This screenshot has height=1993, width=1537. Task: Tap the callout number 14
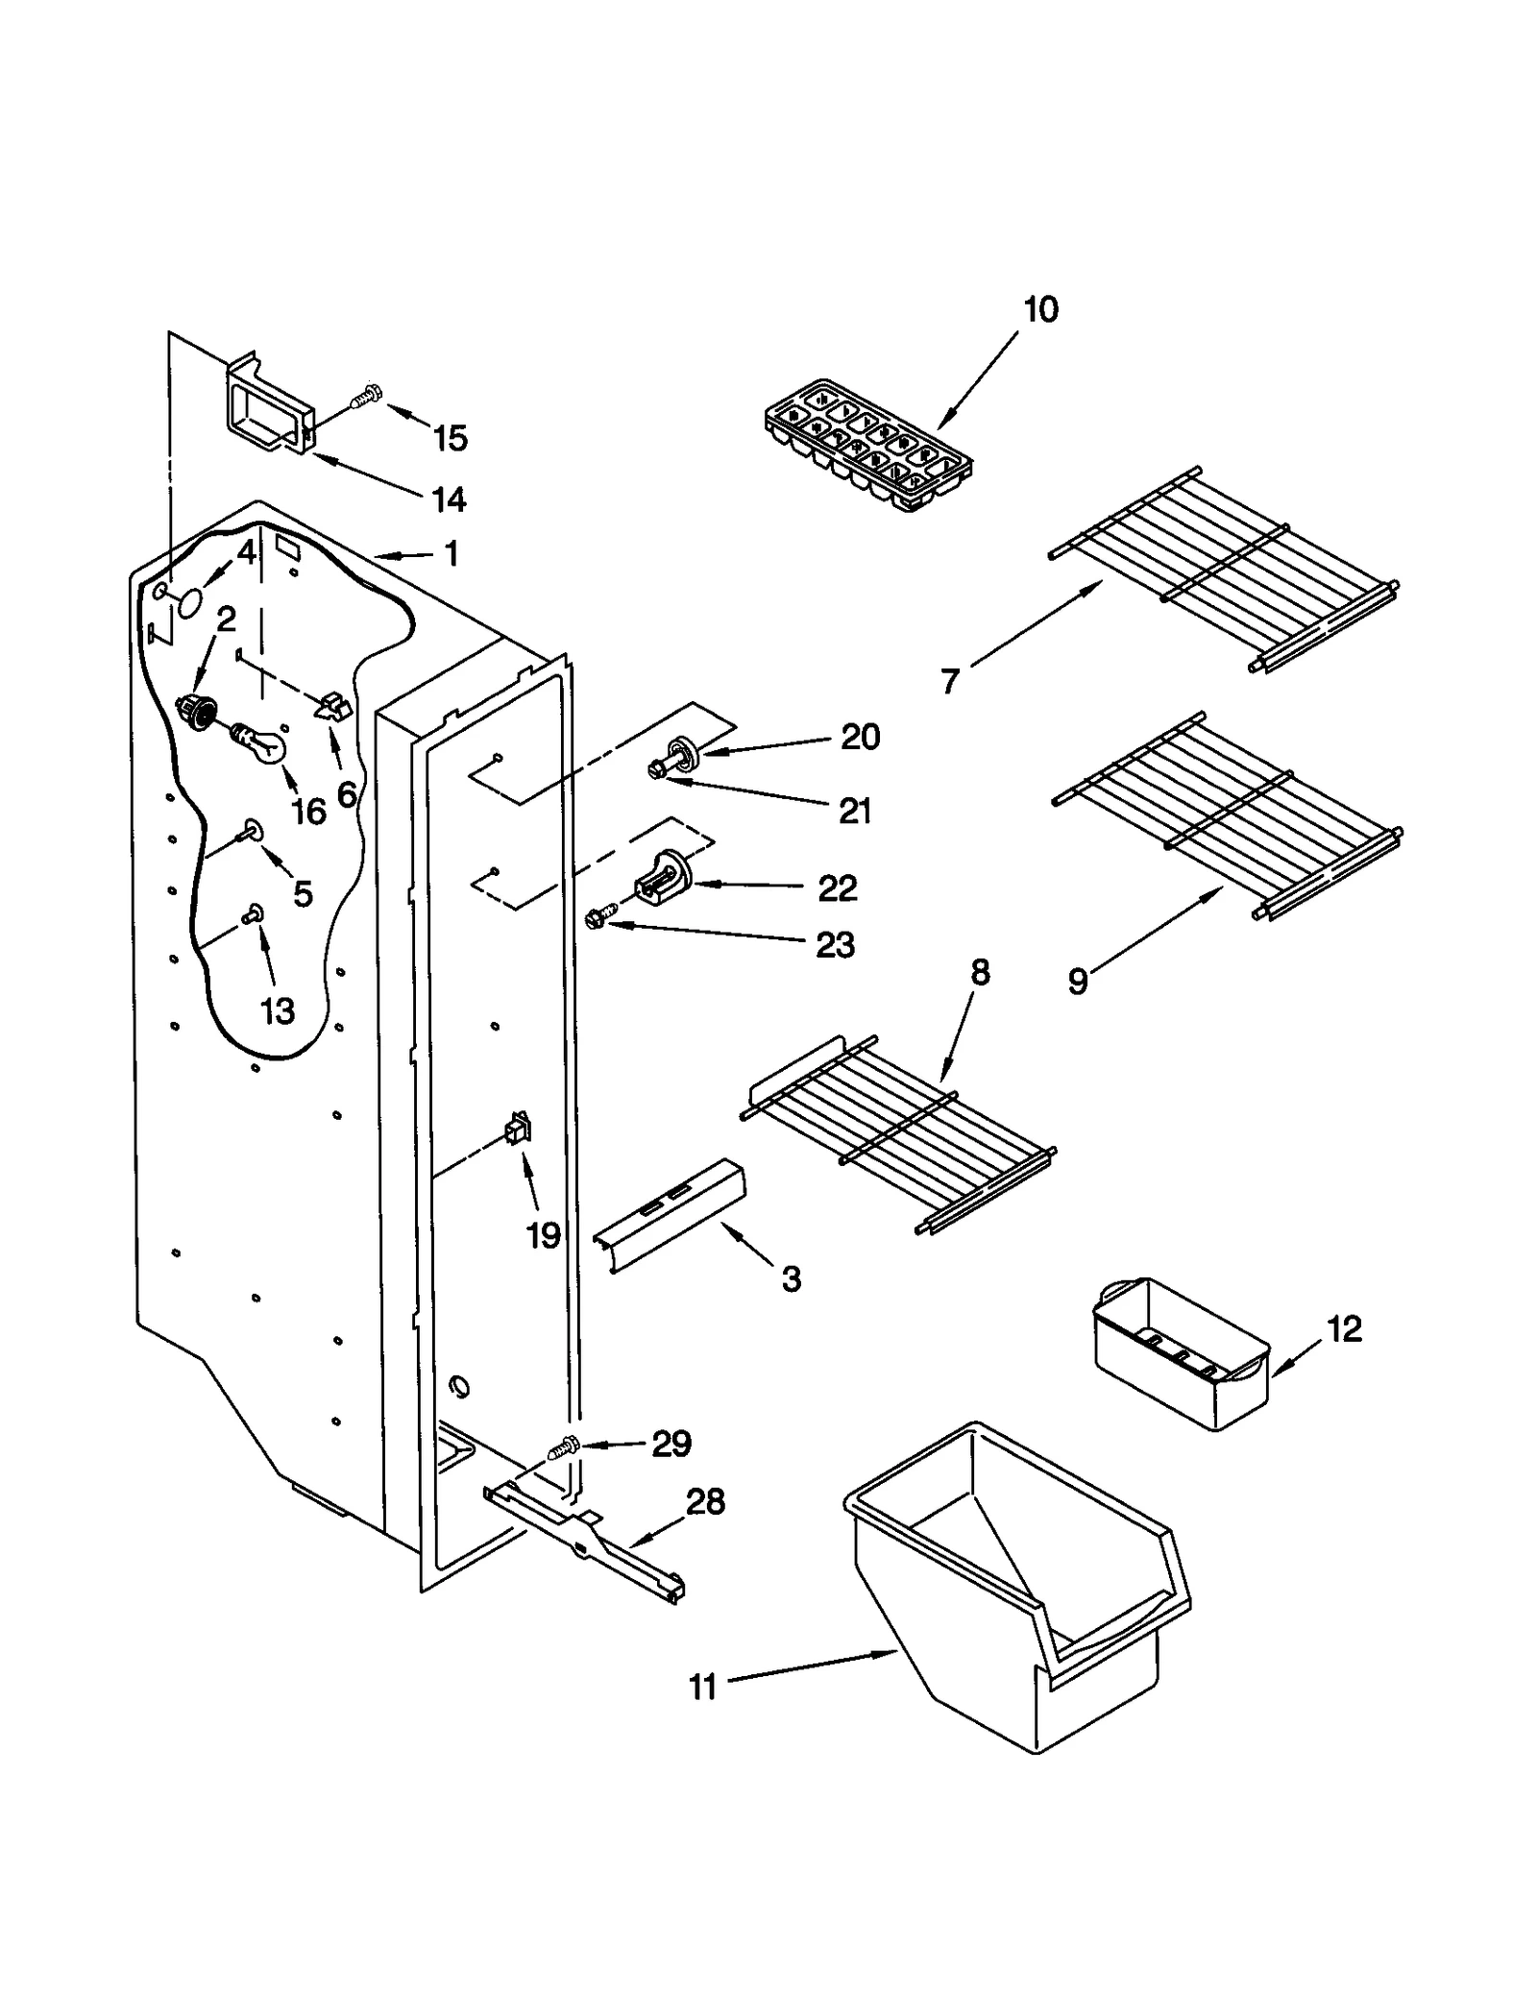[448, 499]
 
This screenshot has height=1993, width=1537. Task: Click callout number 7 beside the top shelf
[949, 681]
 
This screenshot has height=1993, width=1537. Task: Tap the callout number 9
[1078, 982]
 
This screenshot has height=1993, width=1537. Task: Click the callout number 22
[837, 888]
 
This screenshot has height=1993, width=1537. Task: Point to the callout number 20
[860, 738]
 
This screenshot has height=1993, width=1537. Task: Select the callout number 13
[278, 1010]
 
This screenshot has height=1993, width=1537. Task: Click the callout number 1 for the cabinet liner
[450, 553]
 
